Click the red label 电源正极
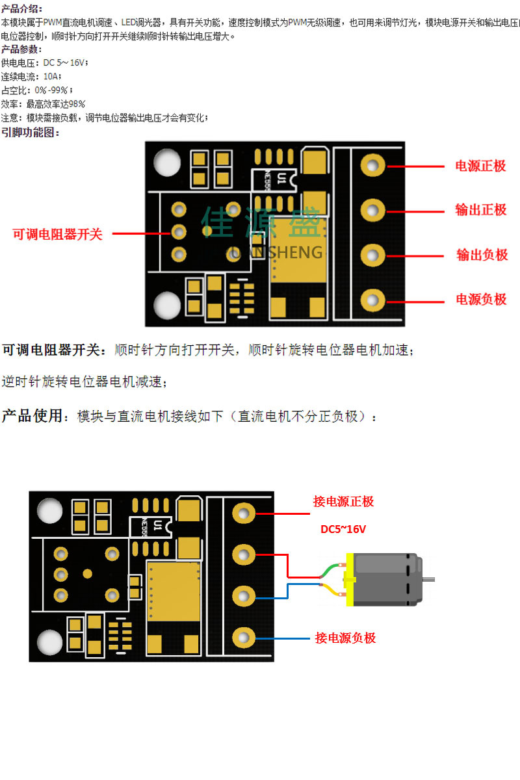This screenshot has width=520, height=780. pyautogui.click(x=480, y=166)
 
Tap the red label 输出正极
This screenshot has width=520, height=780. pyautogui.click(x=480, y=209)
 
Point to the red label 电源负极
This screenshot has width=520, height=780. pyautogui.click(x=480, y=299)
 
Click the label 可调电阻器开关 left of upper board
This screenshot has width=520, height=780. pyautogui.click(x=58, y=234)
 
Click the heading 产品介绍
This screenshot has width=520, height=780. pyautogui.click(x=21, y=8)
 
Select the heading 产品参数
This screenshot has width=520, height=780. pyautogui.click(x=21, y=49)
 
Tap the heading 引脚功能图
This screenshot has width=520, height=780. pyautogui.click(x=31, y=133)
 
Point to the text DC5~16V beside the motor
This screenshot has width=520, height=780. pyautogui.click(x=343, y=529)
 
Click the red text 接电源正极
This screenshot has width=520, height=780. pyautogui.click(x=343, y=501)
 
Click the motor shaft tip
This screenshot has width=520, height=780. pyautogui.click(x=431, y=578)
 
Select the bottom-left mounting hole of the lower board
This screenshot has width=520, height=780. pyautogui.click(x=50, y=642)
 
